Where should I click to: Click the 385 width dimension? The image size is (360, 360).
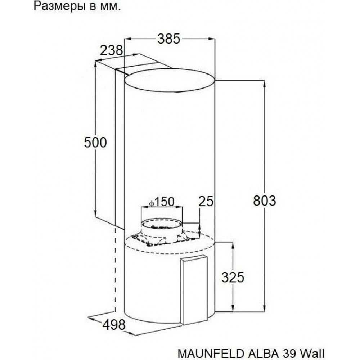[168, 39]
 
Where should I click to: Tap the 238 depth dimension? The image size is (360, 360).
[111, 50]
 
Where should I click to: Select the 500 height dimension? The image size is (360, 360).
[95, 143]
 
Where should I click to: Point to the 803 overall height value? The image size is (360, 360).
[264, 200]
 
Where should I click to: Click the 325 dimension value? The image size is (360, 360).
[233, 277]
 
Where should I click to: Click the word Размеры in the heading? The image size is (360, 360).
[56, 7]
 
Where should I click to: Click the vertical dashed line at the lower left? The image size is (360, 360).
[115, 270]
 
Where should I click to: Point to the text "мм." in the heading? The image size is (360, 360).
[111, 7]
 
